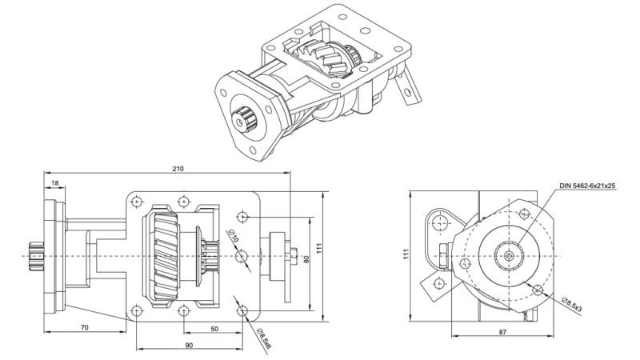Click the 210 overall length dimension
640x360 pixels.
(177, 169)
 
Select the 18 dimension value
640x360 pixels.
(54, 183)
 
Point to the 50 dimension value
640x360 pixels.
(215, 328)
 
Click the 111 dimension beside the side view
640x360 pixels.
(320, 250)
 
